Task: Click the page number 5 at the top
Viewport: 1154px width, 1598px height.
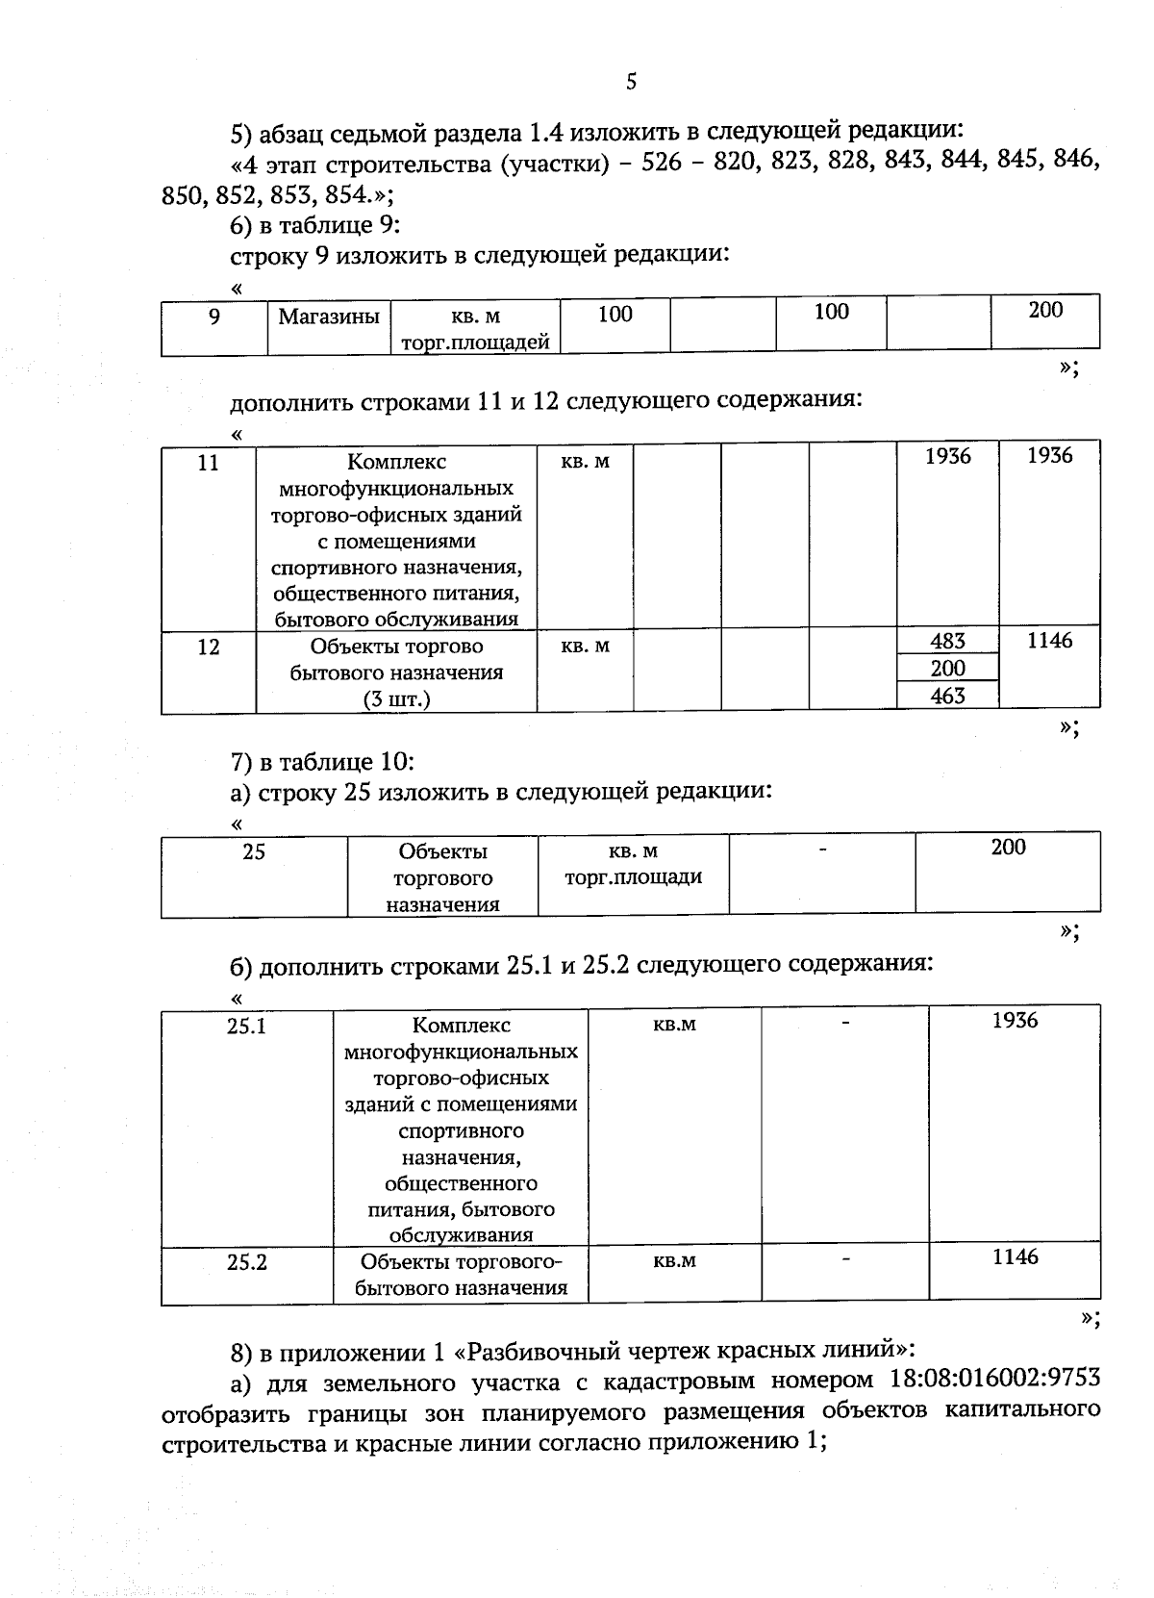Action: [x=631, y=82]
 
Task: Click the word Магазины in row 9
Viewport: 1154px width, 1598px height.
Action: [x=329, y=316]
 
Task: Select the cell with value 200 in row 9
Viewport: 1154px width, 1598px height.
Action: [x=1045, y=310]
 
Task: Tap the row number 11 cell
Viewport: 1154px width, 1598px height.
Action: [x=208, y=463]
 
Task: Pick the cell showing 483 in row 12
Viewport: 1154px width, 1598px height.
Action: [x=947, y=641]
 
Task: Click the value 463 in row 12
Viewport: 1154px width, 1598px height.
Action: [x=947, y=696]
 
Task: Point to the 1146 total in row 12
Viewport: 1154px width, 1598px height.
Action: [x=1049, y=641]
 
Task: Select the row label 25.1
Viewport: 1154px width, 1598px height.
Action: [x=246, y=1026]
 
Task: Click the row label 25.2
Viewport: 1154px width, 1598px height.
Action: [x=246, y=1261]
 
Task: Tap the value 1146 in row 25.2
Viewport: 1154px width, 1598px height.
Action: [x=1016, y=1256]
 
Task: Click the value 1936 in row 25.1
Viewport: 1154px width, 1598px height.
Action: [x=1016, y=1021]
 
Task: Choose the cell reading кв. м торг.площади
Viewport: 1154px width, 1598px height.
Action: [x=633, y=864]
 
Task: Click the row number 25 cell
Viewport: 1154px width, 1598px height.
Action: [x=254, y=851]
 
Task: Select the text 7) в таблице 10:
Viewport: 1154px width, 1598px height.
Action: [x=322, y=763]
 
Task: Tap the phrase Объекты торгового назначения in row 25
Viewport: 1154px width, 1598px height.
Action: [x=442, y=877]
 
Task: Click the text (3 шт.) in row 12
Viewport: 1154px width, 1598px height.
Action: [x=396, y=699]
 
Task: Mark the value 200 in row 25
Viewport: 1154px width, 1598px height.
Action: [x=1008, y=847]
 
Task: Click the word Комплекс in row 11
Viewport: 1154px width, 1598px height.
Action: [x=396, y=462]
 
